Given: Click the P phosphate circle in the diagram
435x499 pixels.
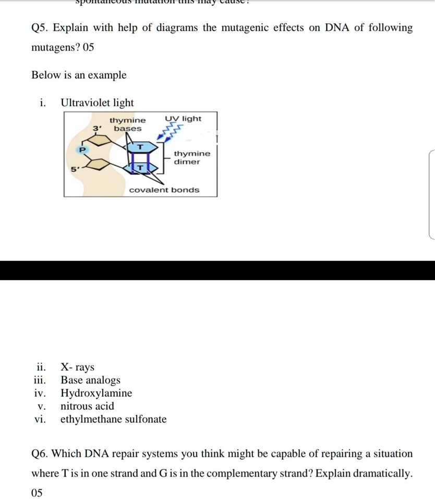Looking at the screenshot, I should pyautogui.click(x=81, y=149).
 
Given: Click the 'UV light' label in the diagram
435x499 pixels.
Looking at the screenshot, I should pyautogui.click(x=183, y=119).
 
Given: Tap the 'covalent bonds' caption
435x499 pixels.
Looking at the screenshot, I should pyautogui.click(x=164, y=190).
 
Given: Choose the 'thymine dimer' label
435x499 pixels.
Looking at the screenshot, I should pyautogui.click(x=192, y=157).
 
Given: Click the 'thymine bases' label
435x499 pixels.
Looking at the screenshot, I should pyautogui.click(x=128, y=124).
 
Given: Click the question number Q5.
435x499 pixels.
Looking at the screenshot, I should pyautogui.click(x=41, y=28).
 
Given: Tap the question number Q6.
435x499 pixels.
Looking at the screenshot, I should pyautogui.click(x=41, y=454).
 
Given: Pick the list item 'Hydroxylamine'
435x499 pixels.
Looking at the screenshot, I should pyautogui.click(x=96, y=393).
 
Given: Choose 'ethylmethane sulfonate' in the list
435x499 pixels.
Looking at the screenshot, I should pyautogui.click(x=114, y=419).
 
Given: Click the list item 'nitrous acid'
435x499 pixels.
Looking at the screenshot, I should pyautogui.click(x=87, y=406).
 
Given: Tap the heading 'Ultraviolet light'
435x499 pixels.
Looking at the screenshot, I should pyautogui.click(x=97, y=103).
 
